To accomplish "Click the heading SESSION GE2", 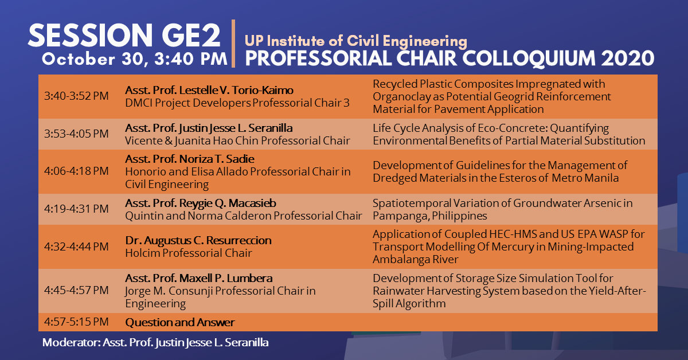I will (x=124, y=37).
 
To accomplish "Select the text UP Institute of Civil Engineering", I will (x=355, y=41).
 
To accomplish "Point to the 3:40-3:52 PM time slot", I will (x=76, y=96).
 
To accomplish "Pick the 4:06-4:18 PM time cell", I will (x=76, y=171).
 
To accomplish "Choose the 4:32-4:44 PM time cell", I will (x=76, y=246).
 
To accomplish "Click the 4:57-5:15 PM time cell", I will (x=76, y=322).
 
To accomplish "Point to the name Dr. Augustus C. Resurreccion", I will (x=198, y=240).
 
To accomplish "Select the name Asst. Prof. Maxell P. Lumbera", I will (x=199, y=278).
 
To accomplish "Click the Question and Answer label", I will (x=180, y=322).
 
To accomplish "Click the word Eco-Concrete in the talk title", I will (x=485, y=128).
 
